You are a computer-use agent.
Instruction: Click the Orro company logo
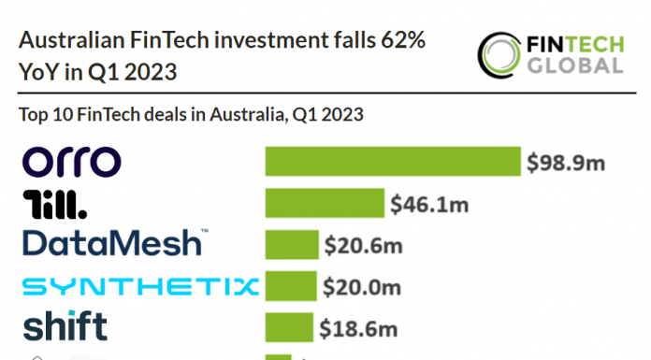pyautogui.click(x=70, y=161)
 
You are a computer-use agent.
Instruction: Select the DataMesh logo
pyautogui.click(x=113, y=243)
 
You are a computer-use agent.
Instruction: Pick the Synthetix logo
pyautogui.click(x=139, y=285)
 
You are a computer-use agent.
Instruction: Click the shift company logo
pyautogui.click(x=65, y=326)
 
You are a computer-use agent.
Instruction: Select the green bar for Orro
pyautogui.click(x=393, y=161)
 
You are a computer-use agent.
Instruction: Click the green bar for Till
pyautogui.click(x=325, y=203)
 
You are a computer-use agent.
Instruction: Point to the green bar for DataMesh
pyautogui.click(x=292, y=244)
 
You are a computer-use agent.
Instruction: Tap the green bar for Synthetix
pyautogui.click(x=291, y=285)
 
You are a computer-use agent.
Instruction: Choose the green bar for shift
pyautogui.click(x=289, y=326)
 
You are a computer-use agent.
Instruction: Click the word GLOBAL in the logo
pyautogui.click(x=573, y=65)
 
